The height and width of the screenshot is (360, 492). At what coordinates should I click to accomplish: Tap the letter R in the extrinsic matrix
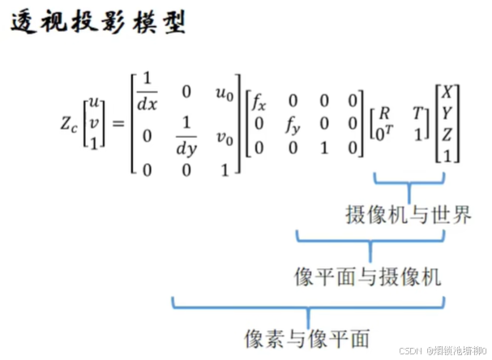pos(384,111)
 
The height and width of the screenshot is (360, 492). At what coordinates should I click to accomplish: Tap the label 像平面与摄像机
pos(367,276)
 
